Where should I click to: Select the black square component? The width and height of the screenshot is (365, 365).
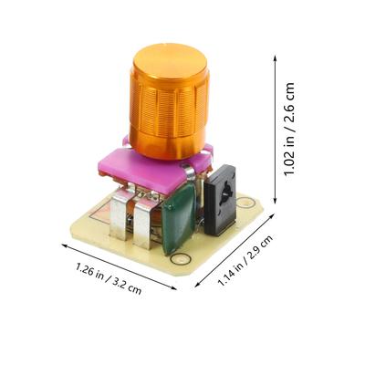pyautogui.click(x=220, y=201)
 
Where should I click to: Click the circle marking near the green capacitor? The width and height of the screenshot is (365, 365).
pyautogui.click(x=181, y=259)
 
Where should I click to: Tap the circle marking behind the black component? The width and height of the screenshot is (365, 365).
pyautogui.click(x=245, y=202)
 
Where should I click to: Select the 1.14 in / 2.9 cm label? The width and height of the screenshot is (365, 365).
pyautogui.click(x=245, y=260)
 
